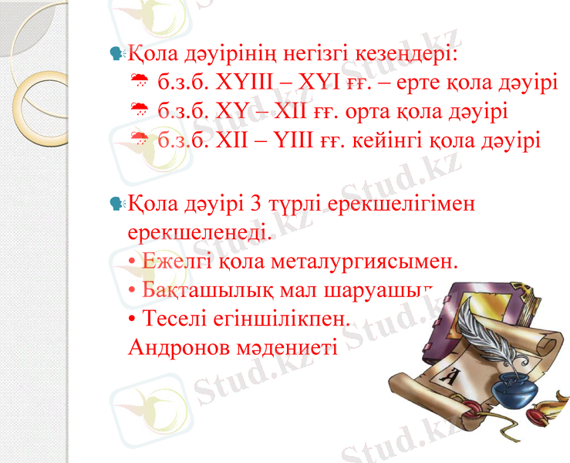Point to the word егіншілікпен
coord(284,318)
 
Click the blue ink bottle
coord(514,389)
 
